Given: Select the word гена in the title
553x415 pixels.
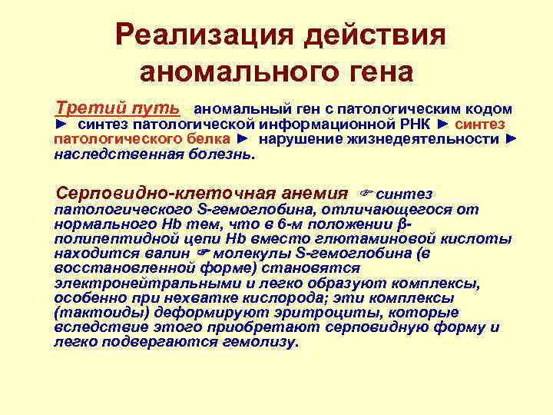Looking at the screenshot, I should coord(373,73).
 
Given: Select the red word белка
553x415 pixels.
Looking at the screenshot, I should coord(206,139).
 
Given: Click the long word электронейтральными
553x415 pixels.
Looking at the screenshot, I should coord(140,282).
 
